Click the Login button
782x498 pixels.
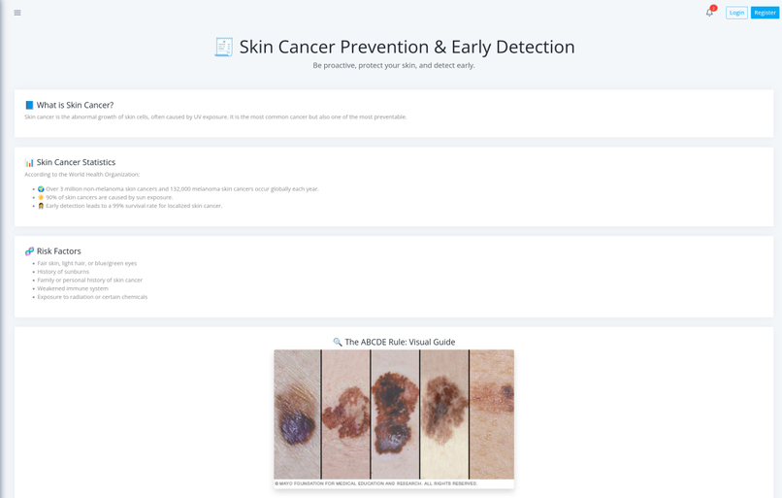(x=736, y=13)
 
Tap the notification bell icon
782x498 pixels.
(x=709, y=13)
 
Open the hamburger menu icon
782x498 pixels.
(x=17, y=13)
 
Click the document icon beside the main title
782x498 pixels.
(x=223, y=47)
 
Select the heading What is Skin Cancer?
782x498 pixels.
(x=75, y=105)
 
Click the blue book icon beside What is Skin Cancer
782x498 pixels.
(x=29, y=105)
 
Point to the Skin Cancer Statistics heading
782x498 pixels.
(x=76, y=162)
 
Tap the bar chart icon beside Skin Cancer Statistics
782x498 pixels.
(x=29, y=162)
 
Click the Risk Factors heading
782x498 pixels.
(x=58, y=251)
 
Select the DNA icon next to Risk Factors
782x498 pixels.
(x=29, y=251)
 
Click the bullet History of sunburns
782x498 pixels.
(x=63, y=272)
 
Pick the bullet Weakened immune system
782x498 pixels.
(x=73, y=288)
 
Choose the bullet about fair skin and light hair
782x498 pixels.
(x=87, y=263)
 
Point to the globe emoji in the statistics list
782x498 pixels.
(x=41, y=189)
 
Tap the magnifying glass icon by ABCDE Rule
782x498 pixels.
(x=338, y=343)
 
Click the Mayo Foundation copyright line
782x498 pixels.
(x=375, y=483)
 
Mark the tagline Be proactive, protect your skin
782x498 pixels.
(x=393, y=66)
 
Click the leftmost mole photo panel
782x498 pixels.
(x=297, y=415)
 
